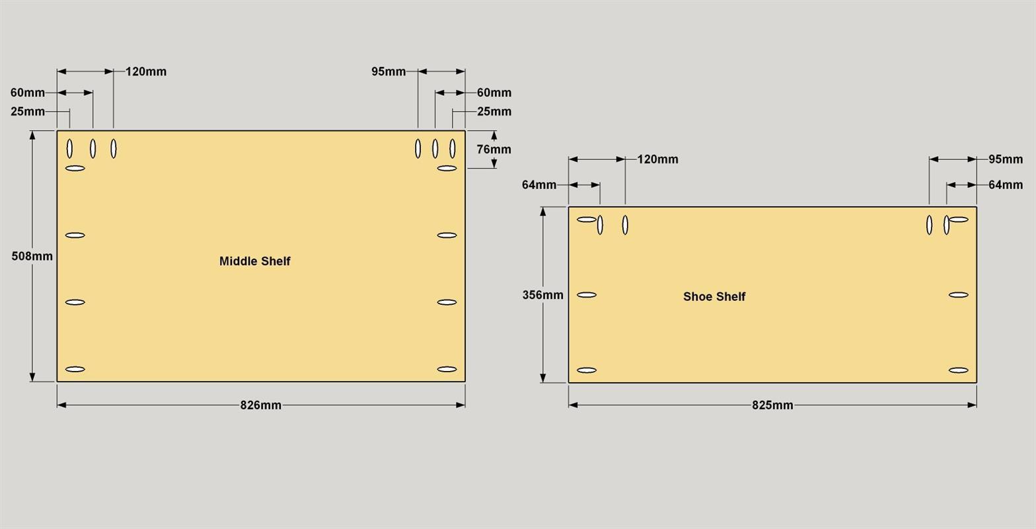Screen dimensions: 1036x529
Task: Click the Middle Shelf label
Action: click(x=254, y=261)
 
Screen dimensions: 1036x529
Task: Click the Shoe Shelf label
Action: click(x=714, y=296)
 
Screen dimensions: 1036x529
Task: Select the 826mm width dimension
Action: click(x=260, y=405)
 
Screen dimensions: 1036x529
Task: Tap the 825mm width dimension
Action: click(x=772, y=405)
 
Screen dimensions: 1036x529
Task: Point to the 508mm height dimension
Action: click(x=32, y=256)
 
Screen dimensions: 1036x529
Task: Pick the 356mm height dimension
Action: click(x=543, y=295)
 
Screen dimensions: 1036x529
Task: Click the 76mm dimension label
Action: click(x=494, y=149)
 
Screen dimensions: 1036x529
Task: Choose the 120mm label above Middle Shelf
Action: click(x=146, y=71)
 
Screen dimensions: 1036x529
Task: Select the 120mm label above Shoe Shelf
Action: click(x=657, y=159)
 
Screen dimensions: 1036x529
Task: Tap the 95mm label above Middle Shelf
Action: click(x=388, y=71)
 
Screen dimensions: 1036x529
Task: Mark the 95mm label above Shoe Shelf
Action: click(x=1006, y=159)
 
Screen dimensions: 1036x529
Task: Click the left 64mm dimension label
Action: click(x=539, y=184)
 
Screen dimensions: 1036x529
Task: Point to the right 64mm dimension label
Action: click(x=1006, y=184)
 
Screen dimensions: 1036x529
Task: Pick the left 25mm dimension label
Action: click(x=28, y=112)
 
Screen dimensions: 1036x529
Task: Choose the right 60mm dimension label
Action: click(x=494, y=93)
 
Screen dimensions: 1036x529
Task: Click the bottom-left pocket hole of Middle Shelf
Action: click(x=75, y=370)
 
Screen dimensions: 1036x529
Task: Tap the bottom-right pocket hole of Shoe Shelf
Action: click(x=958, y=370)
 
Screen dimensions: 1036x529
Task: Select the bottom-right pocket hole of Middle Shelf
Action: click(x=447, y=370)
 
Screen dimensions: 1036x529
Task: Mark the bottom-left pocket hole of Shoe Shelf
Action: click(x=587, y=370)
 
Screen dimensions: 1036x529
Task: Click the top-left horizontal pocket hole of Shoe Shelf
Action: click(x=587, y=220)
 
